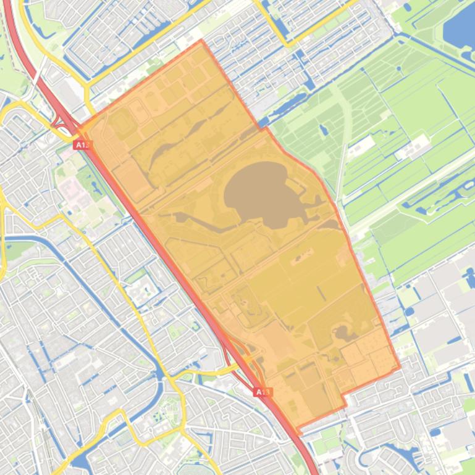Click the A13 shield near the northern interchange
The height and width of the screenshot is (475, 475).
(82, 145)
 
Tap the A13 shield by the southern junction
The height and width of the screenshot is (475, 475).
(263, 392)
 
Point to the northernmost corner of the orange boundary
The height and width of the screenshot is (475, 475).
(201, 41)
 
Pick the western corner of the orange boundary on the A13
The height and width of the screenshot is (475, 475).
(78, 129)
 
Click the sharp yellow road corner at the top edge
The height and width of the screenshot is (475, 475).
(288, 45)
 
